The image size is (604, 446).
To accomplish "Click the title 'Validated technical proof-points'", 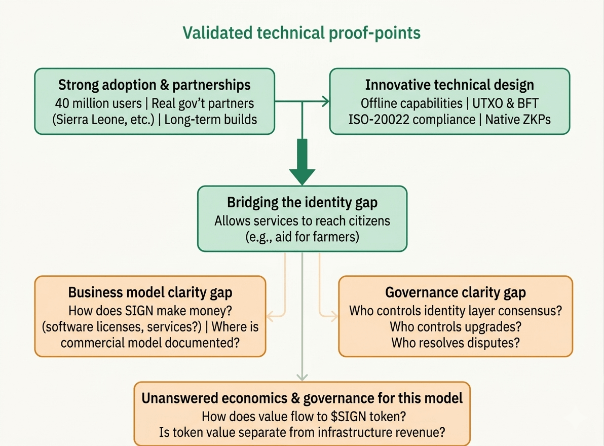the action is pyautogui.click(x=301, y=33).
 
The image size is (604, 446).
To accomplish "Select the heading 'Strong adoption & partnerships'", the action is pyautogui.click(x=155, y=85).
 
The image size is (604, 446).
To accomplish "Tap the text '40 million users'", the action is pyautogui.click(x=98, y=103).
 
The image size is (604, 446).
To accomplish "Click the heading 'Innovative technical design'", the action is pyautogui.click(x=449, y=85).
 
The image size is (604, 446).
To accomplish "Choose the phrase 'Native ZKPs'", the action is pyautogui.click(x=518, y=121).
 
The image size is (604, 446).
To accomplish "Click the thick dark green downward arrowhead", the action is pyautogui.click(x=303, y=175).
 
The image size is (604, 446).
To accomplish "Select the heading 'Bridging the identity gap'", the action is pyautogui.click(x=302, y=203).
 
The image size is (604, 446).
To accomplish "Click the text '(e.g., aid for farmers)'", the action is pyautogui.click(x=302, y=237).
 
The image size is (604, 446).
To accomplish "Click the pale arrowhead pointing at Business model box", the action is pyautogui.click(x=270, y=317).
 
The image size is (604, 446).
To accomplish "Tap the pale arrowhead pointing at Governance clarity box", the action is pyautogui.click(x=334, y=317).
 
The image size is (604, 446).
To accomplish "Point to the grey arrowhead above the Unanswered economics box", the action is pyautogui.click(x=303, y=376).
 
